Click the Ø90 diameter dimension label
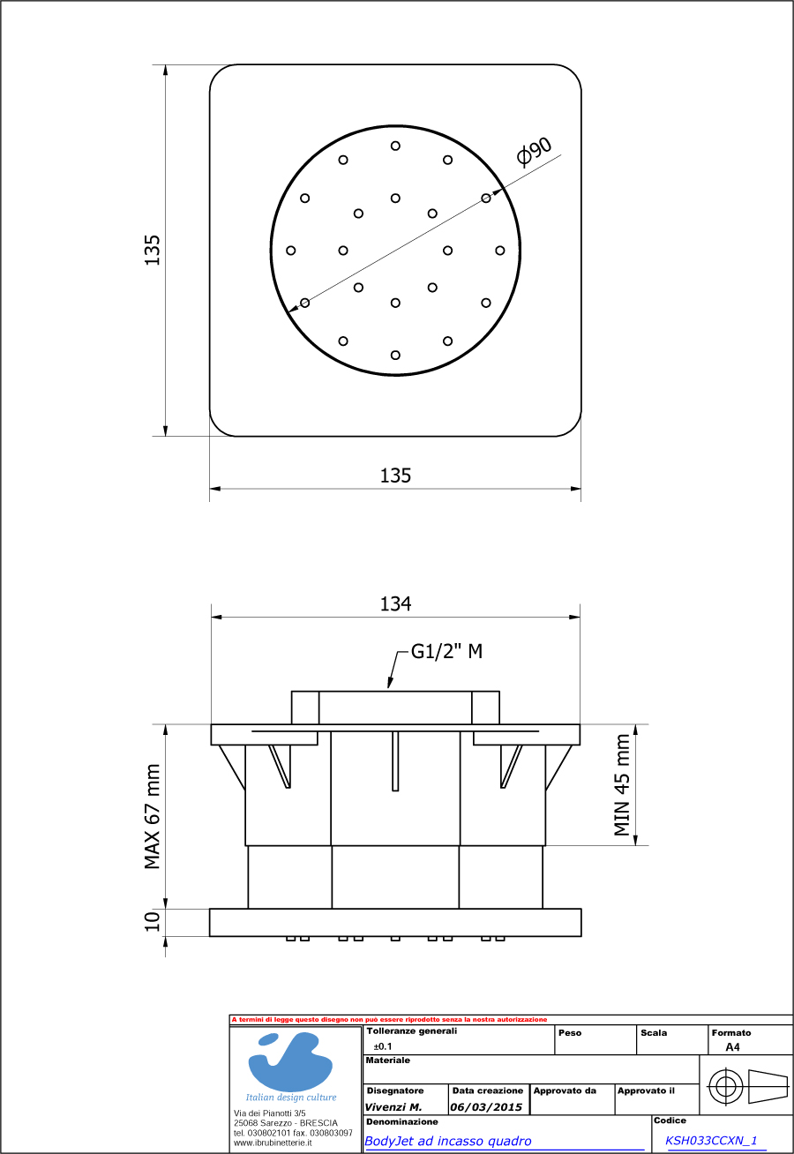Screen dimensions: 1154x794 (536, 151)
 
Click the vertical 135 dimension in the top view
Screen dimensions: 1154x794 (153, 250)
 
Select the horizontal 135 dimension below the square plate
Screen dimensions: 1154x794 (395, 476)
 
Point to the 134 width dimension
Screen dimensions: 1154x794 (395, 604)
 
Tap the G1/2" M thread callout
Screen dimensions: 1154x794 (446, 652)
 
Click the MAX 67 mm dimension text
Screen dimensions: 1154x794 (153, 816)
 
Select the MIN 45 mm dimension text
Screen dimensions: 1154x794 (624, 784)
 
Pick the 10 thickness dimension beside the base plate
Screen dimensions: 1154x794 (153, 921)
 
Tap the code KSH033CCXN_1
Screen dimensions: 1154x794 (711, 1140)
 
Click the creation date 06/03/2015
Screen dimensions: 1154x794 (486, 1107)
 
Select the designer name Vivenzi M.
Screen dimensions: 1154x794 (393, 1107)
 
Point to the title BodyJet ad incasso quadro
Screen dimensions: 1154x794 (448, 1141)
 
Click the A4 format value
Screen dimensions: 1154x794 (732, 1047)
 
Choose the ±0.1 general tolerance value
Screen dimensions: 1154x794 (383, 1045)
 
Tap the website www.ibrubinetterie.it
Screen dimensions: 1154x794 (273, 1142)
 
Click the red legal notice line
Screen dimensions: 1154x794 (389, 1019)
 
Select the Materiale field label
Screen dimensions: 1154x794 (387, 1060)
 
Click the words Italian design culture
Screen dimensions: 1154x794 (291, 1098)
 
